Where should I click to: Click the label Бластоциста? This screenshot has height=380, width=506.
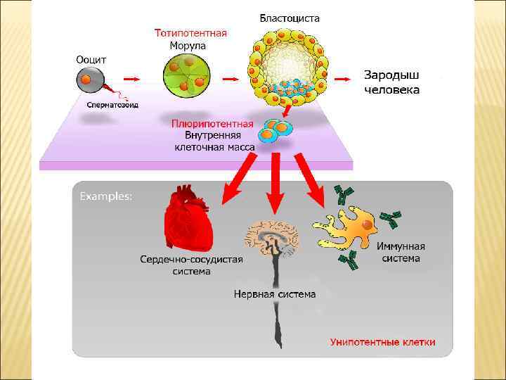coord(290,18)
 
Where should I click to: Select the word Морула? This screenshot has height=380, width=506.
coord(188,45)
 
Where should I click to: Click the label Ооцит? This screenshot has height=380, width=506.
coord(91,59)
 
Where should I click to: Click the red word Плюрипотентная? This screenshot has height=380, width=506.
coord(212,124)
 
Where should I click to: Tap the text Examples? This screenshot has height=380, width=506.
coord(105,196)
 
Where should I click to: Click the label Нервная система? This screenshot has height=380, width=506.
coord(275,294)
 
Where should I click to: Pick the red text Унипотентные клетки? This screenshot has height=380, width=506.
coord(382,343)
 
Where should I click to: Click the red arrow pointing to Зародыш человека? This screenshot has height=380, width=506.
coord(344,79)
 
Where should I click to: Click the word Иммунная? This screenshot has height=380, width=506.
coord(401,247)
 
